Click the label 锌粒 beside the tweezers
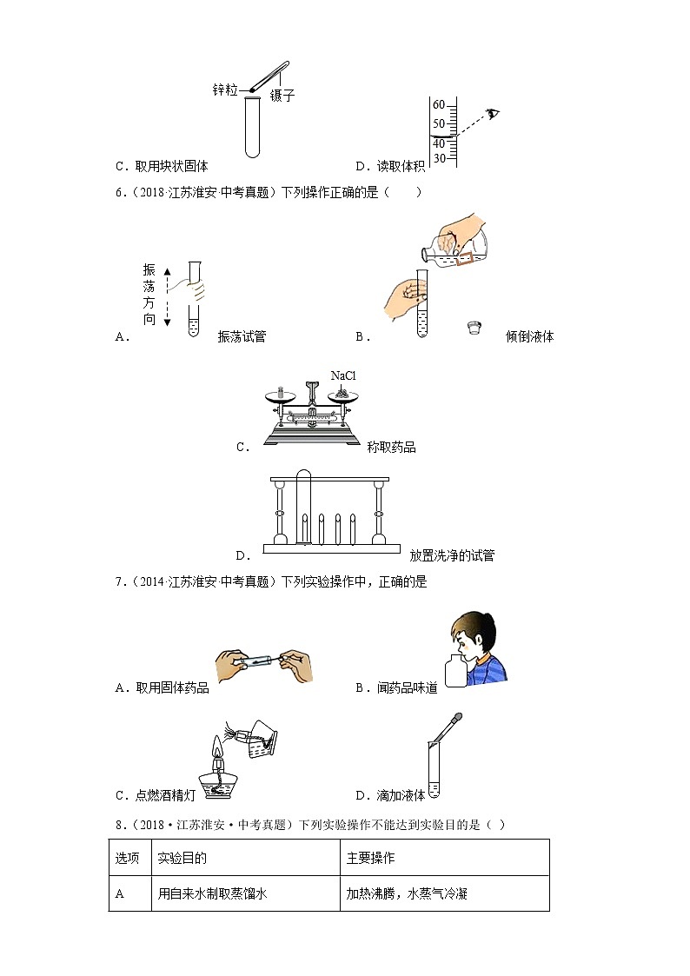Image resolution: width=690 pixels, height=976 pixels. (225, 90)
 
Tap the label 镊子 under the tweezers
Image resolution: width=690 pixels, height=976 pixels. (282, 96)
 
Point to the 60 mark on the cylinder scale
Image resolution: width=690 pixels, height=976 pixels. (438, 104)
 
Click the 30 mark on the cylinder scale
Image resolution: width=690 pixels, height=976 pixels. (438, 159)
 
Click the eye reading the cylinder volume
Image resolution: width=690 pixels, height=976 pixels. (494, 114)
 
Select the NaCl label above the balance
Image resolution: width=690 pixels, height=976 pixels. (343, 375)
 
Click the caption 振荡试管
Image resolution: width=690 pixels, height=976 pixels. (242, 337)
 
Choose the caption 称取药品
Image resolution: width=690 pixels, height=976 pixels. (391, 448)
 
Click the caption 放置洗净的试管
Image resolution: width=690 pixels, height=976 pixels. (452, 555)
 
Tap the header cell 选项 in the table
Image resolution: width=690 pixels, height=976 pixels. (127, 858)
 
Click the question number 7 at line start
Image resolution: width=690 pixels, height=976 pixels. (118, 582)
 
